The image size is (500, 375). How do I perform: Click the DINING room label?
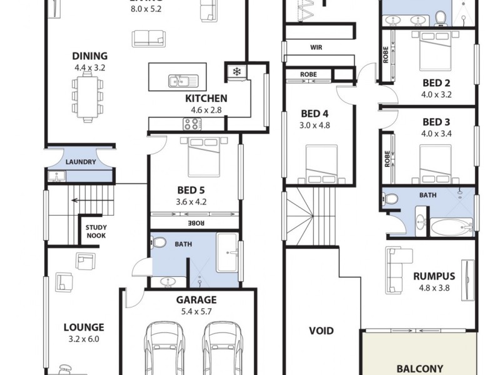click(x=91, y=56)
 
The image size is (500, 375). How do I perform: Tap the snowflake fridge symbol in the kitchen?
click(x=237, y=71)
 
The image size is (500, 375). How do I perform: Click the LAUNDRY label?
click(x=81, y=162)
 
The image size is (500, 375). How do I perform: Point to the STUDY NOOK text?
click(x=96, y=231)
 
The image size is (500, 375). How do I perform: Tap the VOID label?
click(x=321, y=331)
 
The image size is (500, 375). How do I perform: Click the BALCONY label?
click(x=419, y=369)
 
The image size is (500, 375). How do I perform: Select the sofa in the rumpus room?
click(x=396, y=270)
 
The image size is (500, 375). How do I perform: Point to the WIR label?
click(x=316, y=47)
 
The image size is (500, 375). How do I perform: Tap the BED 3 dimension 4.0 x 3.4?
click(x=436, y=133)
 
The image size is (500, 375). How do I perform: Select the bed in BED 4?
click(x=321, y=164)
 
